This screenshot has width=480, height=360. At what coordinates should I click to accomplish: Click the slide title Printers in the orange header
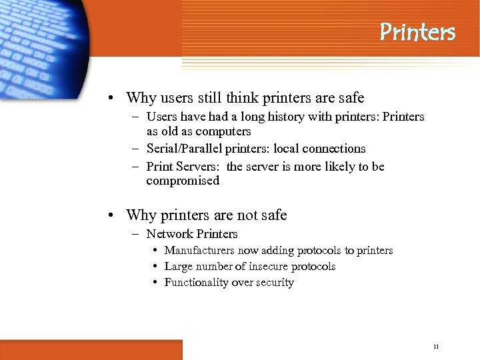(x=417, y=31)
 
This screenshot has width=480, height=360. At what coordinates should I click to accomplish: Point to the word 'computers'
(x=225, y=131)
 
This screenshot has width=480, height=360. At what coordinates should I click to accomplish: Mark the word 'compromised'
(x=183, y=181)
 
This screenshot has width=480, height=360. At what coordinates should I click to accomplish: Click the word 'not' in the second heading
(x=247, y=215)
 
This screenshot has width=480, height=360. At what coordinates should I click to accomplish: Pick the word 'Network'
(x=169, y=234)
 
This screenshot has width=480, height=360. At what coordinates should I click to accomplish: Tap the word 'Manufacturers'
(x=200, y=251)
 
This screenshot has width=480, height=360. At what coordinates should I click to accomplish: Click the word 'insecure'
(x=272, y=267)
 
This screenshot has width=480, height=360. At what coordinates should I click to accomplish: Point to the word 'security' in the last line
(x=274, y=283)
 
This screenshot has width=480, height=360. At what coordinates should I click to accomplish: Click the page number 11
(x=435, y=347)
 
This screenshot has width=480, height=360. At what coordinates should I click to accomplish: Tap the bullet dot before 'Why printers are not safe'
(x=115, y=215)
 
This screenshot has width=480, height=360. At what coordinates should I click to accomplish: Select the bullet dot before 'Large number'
(x=155, y=267)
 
